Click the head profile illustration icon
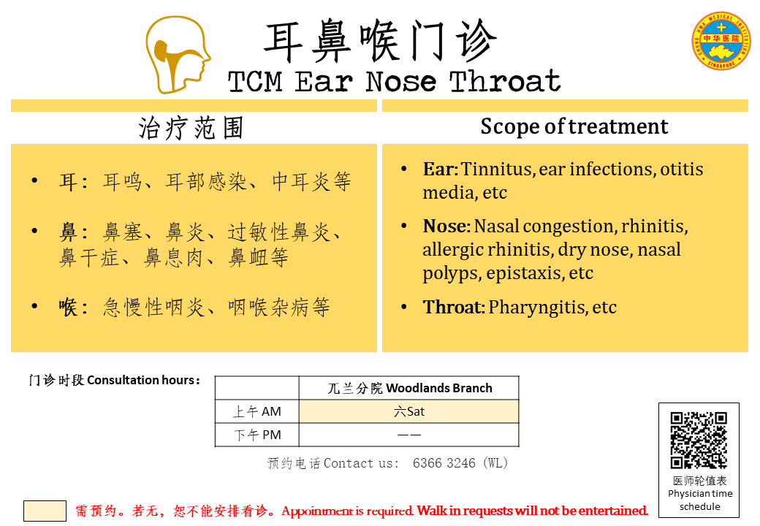click(x=177, y=54)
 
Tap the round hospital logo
click(x=721, y=41)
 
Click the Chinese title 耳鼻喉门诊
click(x=380, y=41)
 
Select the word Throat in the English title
click(x=504, y=81)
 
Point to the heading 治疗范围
click(x=191, y=129)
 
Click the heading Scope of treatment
click(x=574, y=127)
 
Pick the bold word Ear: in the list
click(x=440, y=169)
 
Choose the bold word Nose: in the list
click(x=446, y=226)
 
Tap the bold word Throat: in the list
click(x=454, y=307)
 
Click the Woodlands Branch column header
click(x=409, y=388)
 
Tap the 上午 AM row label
click(x=257, y=412)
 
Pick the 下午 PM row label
click(x=257, y=435)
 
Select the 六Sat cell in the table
click(x=409, y=412)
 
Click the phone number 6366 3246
click(x=444, y=463)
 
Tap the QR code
click(x=699, y=441)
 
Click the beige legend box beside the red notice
click(x=45, y=511)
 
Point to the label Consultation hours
click(x=143, y=380)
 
